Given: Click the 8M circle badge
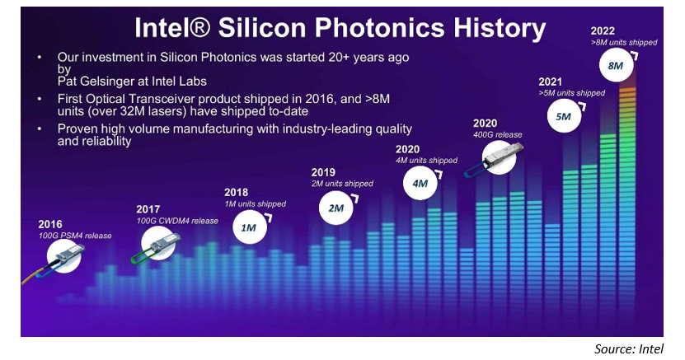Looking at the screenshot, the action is [x=616, y=65].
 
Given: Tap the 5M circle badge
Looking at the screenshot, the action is [x=564, y=116].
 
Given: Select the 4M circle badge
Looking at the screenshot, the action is [x=420, y=183].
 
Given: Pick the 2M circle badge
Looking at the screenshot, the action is [x=336, y=208].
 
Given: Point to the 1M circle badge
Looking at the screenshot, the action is [x=250, y=227].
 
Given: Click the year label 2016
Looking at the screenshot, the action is [x=49, y=224].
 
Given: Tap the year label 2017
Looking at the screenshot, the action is [x=148, y=209].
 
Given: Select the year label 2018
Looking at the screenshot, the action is [x=236, y=193].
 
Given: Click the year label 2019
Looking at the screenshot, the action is [x=323, y=172].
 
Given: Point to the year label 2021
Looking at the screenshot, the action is [x=550, y=82].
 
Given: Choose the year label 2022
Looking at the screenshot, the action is [x=603, y=31].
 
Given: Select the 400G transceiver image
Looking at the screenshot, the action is [x=495, y=158].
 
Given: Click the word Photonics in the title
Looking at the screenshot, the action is [x=379, y=28].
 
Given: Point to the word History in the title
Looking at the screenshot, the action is [x=500, y=29].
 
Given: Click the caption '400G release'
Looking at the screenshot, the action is [x=498, y=135].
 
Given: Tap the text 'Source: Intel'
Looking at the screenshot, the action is [x=629, y=349].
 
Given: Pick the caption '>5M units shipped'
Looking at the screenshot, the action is [x=572, y=93].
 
